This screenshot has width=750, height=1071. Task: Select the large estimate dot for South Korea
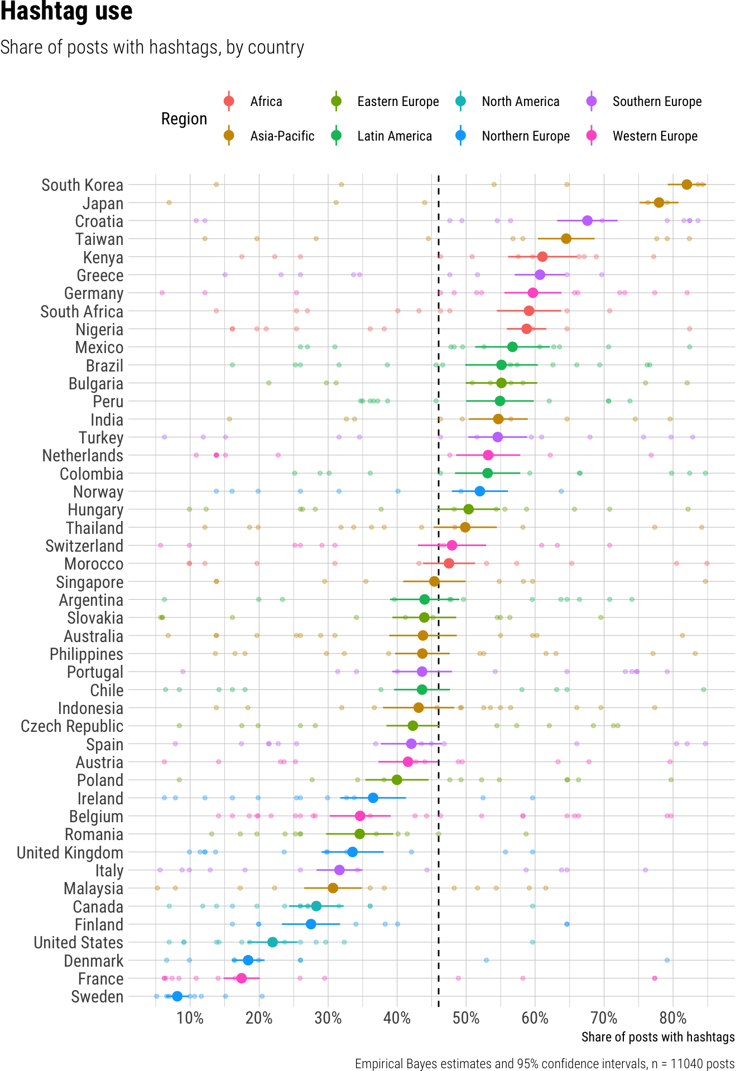[686, 185]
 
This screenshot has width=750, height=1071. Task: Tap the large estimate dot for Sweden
[177, 996]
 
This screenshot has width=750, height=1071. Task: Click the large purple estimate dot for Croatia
[587, 220]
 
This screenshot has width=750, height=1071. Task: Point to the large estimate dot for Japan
[659, 202]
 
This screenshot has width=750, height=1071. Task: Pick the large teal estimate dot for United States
[272, 942]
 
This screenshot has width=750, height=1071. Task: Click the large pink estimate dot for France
[241, 978]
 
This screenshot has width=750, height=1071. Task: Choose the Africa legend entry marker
[228, 101]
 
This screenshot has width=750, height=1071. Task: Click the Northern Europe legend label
[526, 136]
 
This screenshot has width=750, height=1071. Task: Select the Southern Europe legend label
[657, 102]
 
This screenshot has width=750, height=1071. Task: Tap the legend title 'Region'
[184, 119]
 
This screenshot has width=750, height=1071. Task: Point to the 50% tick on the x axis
[466, 1019]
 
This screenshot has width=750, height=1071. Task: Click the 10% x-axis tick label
[190, 1019]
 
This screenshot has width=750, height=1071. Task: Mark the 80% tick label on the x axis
[673, 1019]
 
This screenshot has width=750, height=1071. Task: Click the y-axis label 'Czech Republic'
[72, 726]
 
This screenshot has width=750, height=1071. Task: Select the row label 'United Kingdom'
[70, 853]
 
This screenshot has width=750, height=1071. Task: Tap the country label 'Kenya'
[103, 258]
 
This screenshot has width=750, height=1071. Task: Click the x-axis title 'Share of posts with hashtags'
[658, 1037]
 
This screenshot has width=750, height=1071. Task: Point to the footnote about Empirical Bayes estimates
[545, 1063]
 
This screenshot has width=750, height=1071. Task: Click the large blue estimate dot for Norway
[479, 491]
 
